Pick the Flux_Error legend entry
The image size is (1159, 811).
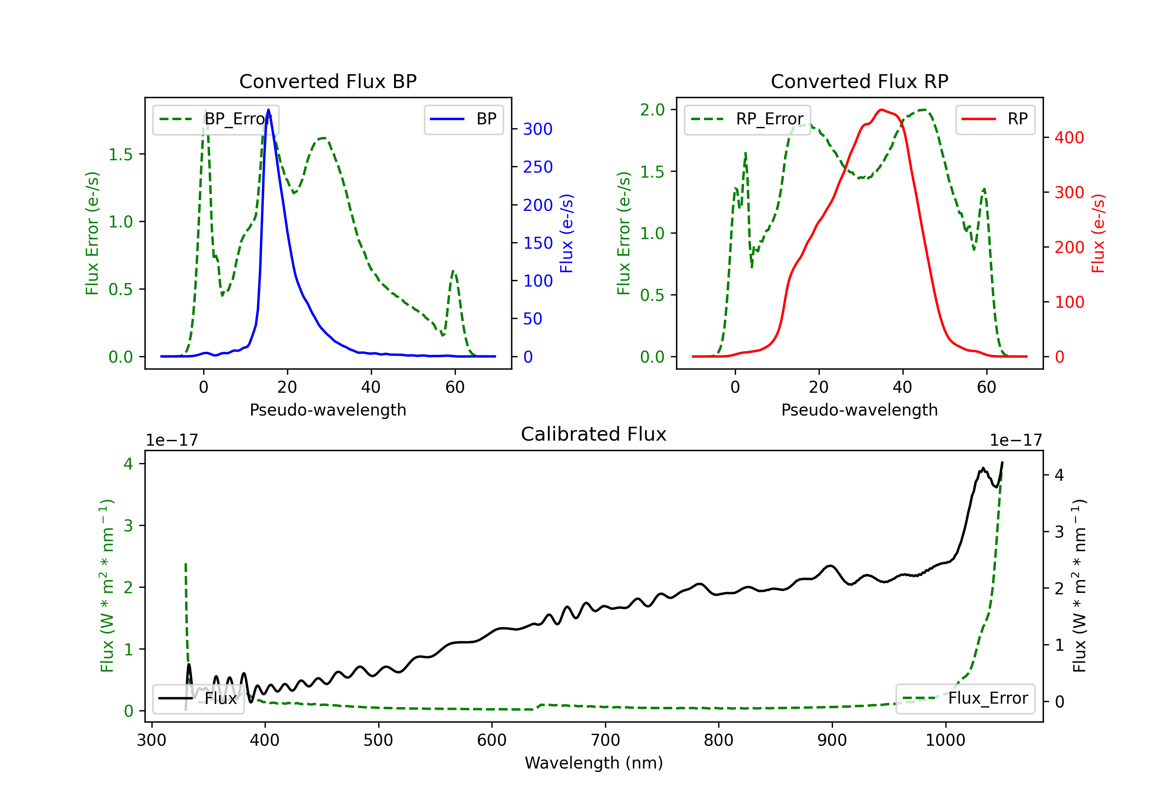click(965, 699)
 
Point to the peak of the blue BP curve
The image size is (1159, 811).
click(268, 110)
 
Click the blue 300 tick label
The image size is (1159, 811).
click(538, 129)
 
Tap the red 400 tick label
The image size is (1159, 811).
click(1069, 138)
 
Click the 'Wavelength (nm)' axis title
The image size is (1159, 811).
click(594, 763)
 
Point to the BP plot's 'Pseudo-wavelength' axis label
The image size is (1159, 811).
click(328, 410)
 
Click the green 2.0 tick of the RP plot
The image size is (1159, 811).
click(652, 110)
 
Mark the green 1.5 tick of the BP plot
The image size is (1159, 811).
click(121, 154)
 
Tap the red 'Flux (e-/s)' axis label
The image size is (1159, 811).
click(1098, 234)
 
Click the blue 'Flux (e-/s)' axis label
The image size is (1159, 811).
click(567, 234)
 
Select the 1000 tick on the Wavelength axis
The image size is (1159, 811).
click(945, 740)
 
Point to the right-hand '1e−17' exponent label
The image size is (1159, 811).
click(1016, 441)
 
